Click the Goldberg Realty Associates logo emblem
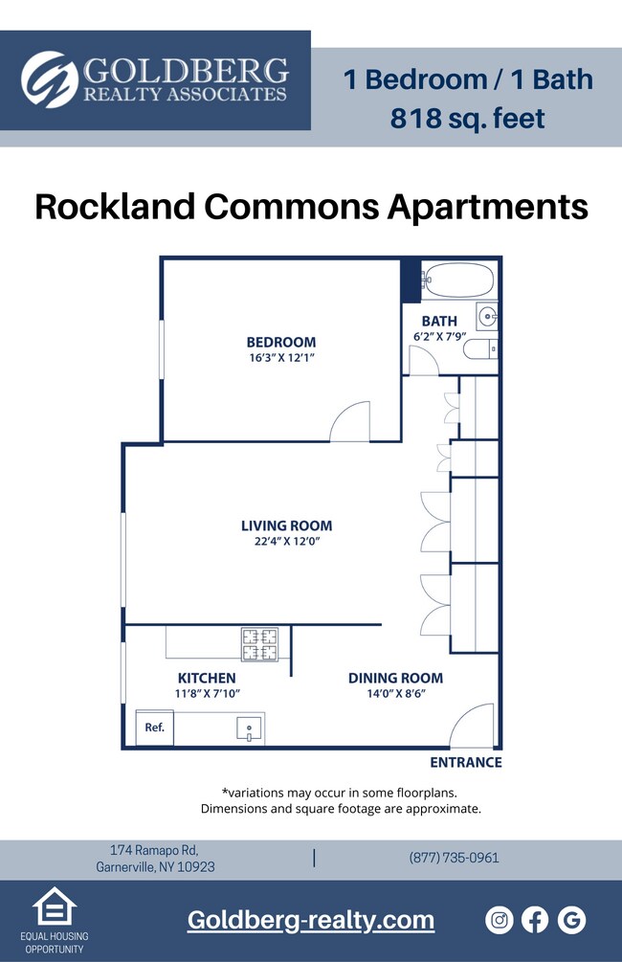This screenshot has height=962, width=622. tap(49, 80)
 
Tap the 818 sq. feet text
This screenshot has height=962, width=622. tap(468, 119)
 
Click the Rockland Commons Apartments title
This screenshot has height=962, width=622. tap(311, 206)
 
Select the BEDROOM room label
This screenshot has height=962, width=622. tap(280, 342)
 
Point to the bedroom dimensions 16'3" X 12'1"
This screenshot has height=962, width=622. tap(280, 358)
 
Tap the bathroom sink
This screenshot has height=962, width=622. tap(486, 314)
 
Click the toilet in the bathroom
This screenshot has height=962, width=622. tap(481, 348)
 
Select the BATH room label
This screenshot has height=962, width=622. tap(439, 321)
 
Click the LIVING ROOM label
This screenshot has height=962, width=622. tap(286, 526)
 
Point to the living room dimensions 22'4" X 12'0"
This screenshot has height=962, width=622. tap(286, 542)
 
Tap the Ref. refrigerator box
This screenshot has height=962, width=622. tap(154, 727)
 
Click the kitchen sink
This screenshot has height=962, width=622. tap(249, 728)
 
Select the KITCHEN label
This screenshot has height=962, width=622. tap(206, 679)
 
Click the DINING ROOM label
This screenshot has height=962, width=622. tap(395, 679)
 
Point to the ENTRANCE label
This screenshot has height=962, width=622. tap(465, 763)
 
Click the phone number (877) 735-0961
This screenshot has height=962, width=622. tap(454, 858)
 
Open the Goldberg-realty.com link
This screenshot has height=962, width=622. tap(311, 921)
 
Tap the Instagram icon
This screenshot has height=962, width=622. tap(500, 921)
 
